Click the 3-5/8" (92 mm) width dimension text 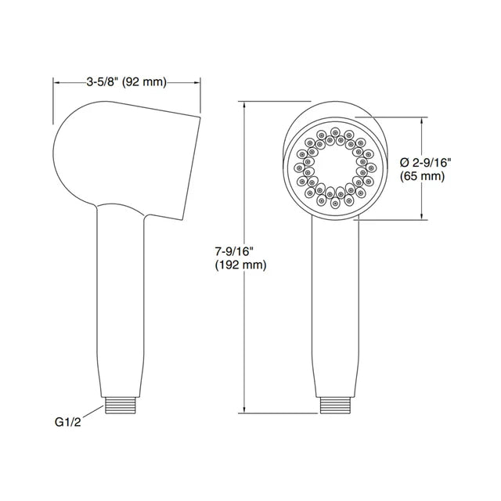pos(127,82)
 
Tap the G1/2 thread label pos(68,422)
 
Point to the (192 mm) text pos(240,265)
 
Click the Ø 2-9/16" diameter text pos(425,163)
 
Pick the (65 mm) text pos(423,176)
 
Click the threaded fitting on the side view pos(121,405)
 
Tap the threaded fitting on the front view pos(336,405)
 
